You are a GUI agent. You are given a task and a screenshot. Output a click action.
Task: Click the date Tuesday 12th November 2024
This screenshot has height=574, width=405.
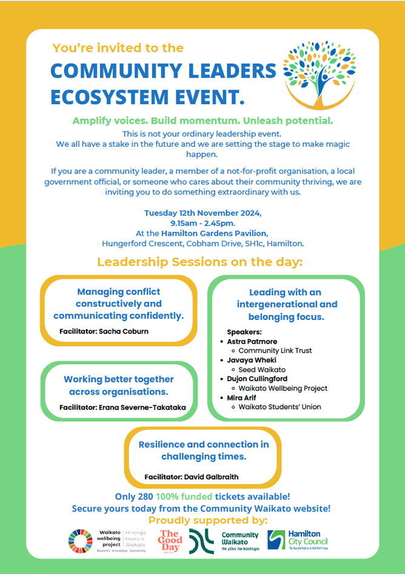(202, 213)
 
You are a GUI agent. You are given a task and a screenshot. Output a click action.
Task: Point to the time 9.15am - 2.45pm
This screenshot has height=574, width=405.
(202, 223)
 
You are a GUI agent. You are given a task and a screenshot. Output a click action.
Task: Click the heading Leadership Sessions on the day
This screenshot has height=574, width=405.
(199, 262)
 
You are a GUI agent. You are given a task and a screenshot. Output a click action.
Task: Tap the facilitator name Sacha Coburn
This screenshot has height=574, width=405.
(122, 332)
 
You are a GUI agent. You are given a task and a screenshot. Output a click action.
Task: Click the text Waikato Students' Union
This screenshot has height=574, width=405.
(279, 407)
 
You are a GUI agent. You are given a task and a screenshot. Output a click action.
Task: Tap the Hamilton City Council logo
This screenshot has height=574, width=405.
(298, 539)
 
